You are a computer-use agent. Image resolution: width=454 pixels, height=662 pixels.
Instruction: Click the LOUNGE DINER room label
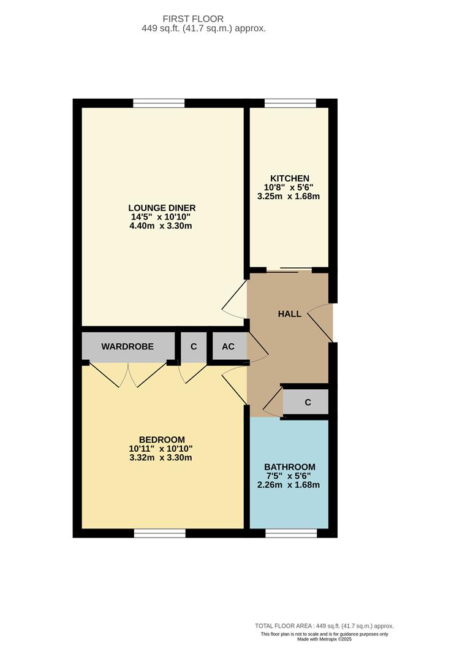tap(162, 207)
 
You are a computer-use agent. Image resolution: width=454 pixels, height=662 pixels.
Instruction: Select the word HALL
tap(290, 314)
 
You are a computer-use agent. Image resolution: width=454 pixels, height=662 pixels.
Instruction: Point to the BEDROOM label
tap(162, 439)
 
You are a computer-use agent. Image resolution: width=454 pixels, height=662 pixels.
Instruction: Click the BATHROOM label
tap(290, 466)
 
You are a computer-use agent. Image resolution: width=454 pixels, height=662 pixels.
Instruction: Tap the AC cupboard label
tap(228, 346)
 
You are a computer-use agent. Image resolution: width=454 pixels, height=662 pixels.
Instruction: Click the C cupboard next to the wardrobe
tap(194, 346)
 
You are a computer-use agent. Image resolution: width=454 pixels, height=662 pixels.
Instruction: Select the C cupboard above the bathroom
tap(308, 402)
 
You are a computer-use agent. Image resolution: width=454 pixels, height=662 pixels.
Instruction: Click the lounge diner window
tap(159, 103)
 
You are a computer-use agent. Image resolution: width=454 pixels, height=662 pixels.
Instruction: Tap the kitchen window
tap(290, 103)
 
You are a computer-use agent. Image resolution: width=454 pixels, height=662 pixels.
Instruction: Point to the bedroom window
tap(159, 534)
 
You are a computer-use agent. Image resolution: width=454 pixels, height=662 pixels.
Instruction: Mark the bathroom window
tap(290, 534)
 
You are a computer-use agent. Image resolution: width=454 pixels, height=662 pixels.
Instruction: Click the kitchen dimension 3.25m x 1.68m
tap(289, 197)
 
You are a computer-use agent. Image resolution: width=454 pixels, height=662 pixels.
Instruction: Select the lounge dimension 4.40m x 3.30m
tap(162, 226)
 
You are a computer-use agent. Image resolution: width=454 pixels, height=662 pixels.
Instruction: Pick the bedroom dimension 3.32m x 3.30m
tap(162, 457)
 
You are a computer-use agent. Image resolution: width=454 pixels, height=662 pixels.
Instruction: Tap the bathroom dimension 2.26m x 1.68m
tap(289, 485)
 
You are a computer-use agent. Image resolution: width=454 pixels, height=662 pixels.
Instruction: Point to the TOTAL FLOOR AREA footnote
tap(324, 626)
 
